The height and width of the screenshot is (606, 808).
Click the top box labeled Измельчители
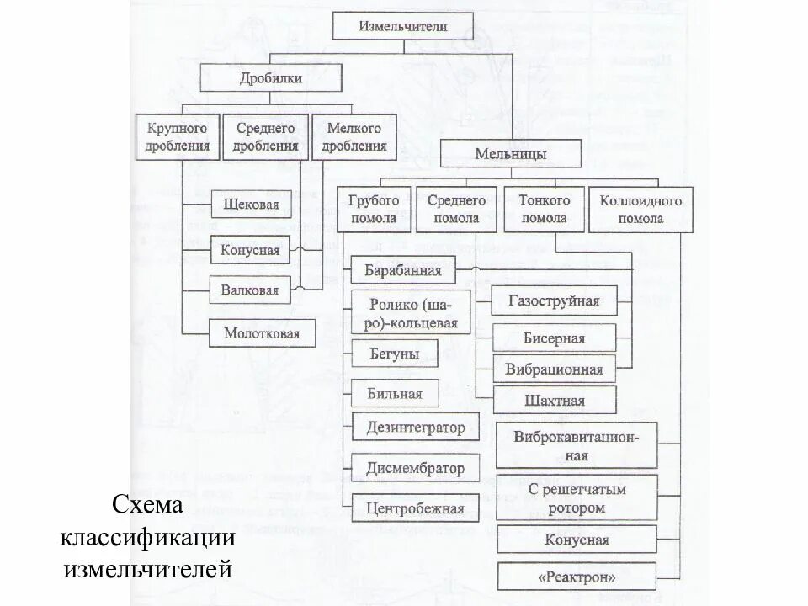(x=403, y=26)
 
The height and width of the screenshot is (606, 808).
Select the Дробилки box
(x=271, y=78)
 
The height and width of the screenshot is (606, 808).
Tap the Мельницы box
(x=511, y=154)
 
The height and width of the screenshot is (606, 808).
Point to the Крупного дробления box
(x=177, y=136)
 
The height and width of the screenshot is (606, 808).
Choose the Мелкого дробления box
(x=353, y=136)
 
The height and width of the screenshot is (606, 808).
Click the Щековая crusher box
(x=251, y=205)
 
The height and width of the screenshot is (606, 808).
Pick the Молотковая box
(x=262, y=332)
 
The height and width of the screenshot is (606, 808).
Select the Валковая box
(x=250, y=290)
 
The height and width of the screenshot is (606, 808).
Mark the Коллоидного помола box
(x=641, y=209)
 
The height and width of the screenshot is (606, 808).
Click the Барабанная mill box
(x=403, y=270)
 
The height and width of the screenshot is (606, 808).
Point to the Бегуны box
(x=395, y=353)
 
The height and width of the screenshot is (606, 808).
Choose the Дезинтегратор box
(x=416, y=427)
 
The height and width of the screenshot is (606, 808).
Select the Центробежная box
(x=416, y=508)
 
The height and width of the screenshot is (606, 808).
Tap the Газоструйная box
(x=555, y=300)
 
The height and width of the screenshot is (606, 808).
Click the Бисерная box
(x=555, y=338)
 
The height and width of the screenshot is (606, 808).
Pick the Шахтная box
(x=555, y=400)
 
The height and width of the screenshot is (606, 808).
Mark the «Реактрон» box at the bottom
(x=577, y=577)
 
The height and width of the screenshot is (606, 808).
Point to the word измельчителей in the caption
(x=147, y=568)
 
